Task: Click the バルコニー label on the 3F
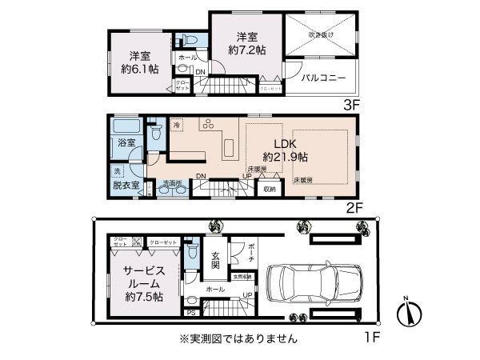(323, 78)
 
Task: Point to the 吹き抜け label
(321, 35)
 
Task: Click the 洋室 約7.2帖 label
(246, 45)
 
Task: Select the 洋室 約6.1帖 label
(141, 62)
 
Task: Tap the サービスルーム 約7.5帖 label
(143, 282)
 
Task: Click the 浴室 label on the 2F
(127, 142)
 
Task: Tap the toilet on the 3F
(189, 41)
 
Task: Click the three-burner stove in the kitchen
(207, 126)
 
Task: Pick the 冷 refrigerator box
(176, 125)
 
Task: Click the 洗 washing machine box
(117, 171)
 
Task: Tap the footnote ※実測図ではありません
(239, 338)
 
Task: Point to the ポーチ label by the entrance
(250, 254)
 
